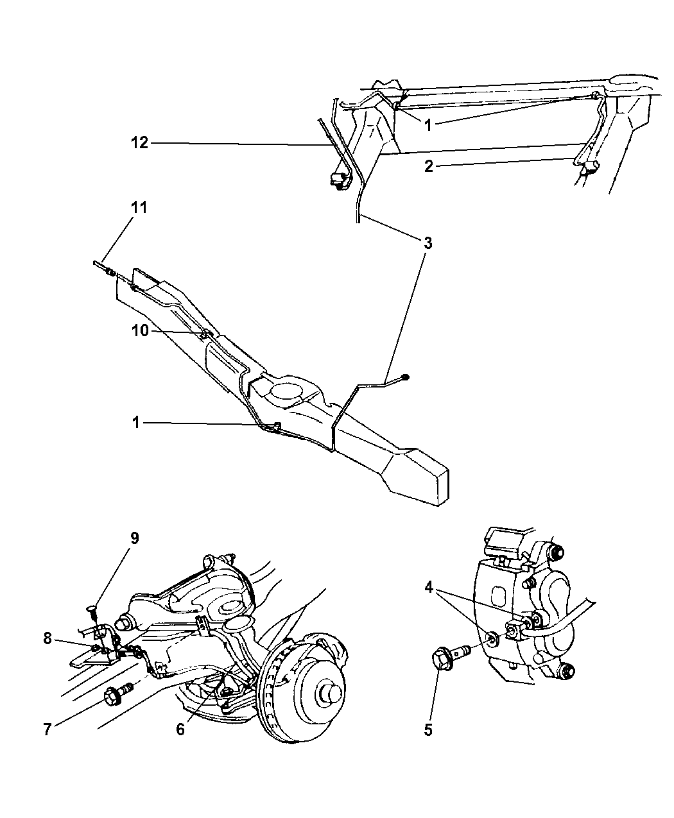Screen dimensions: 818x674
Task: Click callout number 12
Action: (139, 142)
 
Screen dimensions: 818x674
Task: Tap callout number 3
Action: (427, 243)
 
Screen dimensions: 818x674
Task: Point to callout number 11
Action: (139, 207)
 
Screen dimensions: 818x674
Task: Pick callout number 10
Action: (140, 330)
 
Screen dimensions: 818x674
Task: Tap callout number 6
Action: (180, 729)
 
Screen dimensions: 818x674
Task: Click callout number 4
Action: (430, 586)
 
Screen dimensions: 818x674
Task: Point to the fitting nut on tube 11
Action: (111, 272)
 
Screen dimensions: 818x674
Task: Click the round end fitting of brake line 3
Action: (405, 377)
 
